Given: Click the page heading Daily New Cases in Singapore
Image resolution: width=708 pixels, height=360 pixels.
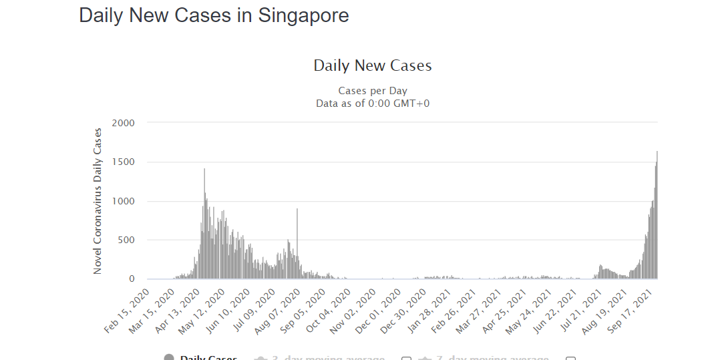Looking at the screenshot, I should click(x=214, y=15).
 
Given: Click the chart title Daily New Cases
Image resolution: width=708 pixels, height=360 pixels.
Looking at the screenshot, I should click(x=373, y=65).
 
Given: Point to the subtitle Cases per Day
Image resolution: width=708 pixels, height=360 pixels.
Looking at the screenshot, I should click(x=373, y=91).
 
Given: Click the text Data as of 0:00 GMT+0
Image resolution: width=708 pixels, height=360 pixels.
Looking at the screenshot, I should click(x=373, y=103).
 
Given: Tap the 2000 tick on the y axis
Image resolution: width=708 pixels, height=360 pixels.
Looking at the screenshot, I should click(x=124, y=123).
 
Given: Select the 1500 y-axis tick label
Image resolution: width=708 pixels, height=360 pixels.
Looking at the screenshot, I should click(x=124, y=162).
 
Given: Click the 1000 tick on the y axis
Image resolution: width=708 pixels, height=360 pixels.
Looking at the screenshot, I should click(x=124, y=201).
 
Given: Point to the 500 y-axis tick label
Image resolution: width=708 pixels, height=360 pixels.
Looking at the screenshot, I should click(x=127, y=240).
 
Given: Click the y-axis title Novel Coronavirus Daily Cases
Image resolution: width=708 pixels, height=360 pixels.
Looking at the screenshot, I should click(x=98, y=200).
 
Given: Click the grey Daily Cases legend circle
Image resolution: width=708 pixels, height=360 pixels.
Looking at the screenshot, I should click(x=169, y=358).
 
